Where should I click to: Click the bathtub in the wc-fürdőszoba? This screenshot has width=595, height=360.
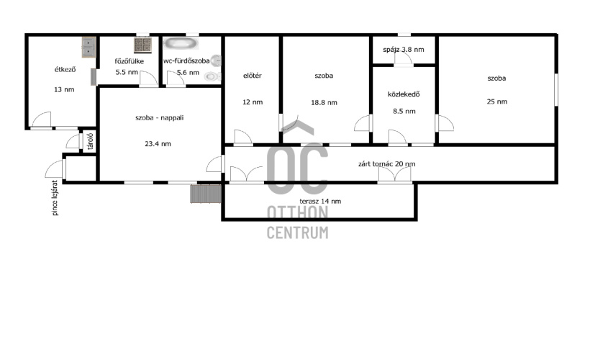(181, 43)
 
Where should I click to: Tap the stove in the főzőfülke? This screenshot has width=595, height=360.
(142, 45)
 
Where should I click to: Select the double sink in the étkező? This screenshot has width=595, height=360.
(88, 47)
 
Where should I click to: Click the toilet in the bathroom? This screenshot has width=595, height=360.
(212, 76)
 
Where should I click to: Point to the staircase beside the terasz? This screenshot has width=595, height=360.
(206, 194)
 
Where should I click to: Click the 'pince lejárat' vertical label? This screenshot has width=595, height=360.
(55, 198)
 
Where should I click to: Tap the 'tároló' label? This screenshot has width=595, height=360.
(91, 141)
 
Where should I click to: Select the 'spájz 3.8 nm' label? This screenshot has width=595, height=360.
(404, 50)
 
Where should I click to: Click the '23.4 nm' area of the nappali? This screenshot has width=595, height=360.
(158, 144)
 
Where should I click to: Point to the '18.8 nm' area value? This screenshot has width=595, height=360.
(324, 102)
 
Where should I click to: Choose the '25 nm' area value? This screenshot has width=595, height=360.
(497, 102)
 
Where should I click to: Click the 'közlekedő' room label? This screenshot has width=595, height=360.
(404, 94)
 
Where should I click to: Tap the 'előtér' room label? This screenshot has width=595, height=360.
(253, 76)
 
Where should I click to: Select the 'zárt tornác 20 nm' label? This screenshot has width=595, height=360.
(386, 164)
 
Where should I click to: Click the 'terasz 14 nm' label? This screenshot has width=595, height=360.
(320, 202)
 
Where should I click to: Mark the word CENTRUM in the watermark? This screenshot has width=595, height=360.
(298, 233)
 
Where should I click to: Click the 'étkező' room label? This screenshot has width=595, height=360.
(65, 70)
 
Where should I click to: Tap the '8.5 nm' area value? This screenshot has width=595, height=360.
(404, 112)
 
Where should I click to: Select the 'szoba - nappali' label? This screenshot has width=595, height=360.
(160, 118)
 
